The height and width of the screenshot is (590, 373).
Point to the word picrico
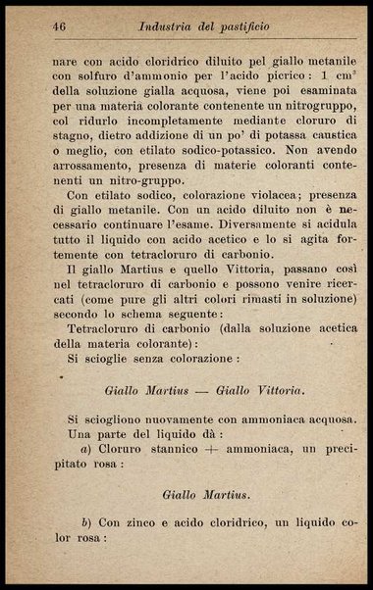click(x=265, y=77)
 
